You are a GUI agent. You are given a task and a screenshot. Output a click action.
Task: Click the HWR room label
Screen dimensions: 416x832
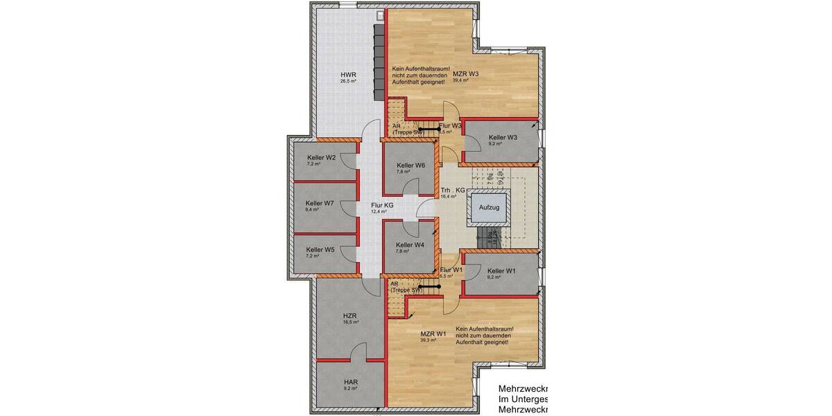click(348, 74)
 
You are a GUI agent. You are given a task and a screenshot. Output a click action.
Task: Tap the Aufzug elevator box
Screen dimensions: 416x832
click(490, 207)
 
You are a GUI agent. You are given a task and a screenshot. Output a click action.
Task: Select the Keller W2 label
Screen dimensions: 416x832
click(322, 157)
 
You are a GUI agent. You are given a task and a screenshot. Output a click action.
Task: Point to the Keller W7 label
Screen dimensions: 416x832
click(320, 203)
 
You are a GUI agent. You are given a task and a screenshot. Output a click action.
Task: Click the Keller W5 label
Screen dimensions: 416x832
click(320, 250)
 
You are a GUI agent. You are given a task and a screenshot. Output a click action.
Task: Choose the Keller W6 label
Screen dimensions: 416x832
click(410, 165)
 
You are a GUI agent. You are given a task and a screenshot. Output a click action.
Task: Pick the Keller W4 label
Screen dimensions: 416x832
click(410, 245)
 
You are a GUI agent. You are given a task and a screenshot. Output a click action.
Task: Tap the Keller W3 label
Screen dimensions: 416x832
click(503, 137)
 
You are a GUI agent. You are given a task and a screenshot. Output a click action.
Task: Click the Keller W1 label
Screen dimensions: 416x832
click(502, 270)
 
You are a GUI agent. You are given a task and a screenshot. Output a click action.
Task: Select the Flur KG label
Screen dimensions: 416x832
click(383, 205)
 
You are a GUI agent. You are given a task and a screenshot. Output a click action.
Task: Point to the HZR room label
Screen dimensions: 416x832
click(350, 315)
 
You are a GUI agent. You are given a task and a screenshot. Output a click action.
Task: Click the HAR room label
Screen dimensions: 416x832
click(351, 381)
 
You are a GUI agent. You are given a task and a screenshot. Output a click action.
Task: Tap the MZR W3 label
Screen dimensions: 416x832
click(466, 73)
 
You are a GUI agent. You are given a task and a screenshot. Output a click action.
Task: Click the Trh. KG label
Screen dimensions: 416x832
click(452, 190)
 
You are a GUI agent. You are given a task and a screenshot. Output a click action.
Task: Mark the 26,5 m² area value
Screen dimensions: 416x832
click(348, 81)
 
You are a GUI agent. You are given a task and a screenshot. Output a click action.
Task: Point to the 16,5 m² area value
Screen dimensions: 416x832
click(350, 322)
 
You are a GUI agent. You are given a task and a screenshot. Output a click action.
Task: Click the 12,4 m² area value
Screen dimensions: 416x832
click(379, 211)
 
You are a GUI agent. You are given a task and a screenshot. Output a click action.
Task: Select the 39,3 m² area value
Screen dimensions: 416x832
click(428, 340)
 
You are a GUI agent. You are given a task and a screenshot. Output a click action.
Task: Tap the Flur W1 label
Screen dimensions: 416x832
click(451, 269)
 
